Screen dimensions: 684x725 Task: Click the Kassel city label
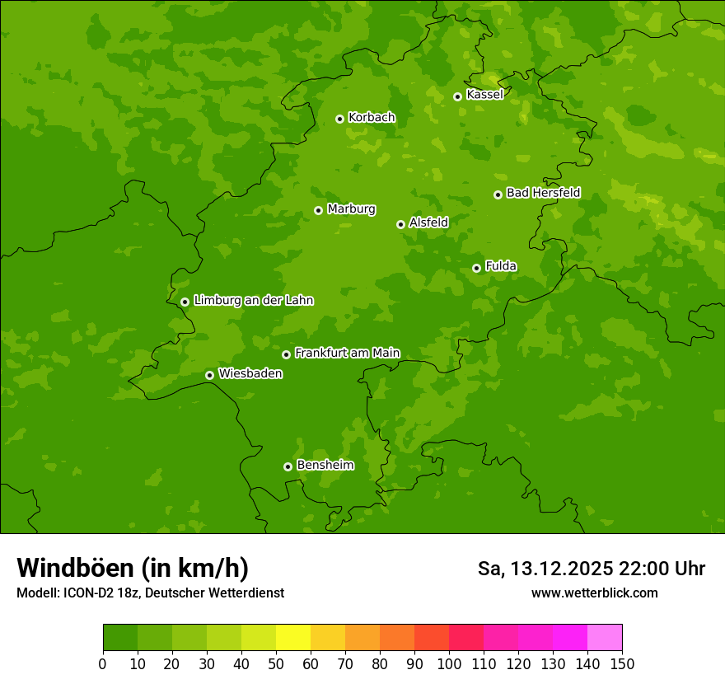click(x=484, y=95)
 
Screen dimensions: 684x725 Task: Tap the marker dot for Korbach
click(x=339, y=119)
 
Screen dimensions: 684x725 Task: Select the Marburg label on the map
click(x=351, y=209)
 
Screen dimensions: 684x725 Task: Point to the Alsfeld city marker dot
click(x=400, y=224)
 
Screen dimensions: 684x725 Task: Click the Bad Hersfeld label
click(x=543, y=194)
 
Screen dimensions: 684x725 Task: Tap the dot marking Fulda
click(x=476, y=268)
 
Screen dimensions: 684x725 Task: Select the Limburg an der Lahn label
click(x=253, y=301)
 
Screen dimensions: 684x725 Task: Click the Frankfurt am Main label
click(x=347, y=354)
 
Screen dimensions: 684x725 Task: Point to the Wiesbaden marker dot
click(x=209, y=375)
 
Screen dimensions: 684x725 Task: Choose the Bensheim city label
click(x=325, y=466)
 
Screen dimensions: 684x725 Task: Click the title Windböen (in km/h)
click(x=133, y=568)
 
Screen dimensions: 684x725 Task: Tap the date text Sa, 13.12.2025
click(x=545, y=569)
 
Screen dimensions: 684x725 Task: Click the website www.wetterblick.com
click(x=594, y=593)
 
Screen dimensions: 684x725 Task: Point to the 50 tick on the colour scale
click(x=276, y=663)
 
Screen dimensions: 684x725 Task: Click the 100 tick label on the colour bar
click(x=449, y=663)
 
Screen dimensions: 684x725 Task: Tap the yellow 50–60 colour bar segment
click(x=293, y=638)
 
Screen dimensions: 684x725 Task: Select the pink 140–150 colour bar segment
click(x=605, y=638)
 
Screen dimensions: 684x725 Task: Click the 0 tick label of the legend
click(x=103, y=663)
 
